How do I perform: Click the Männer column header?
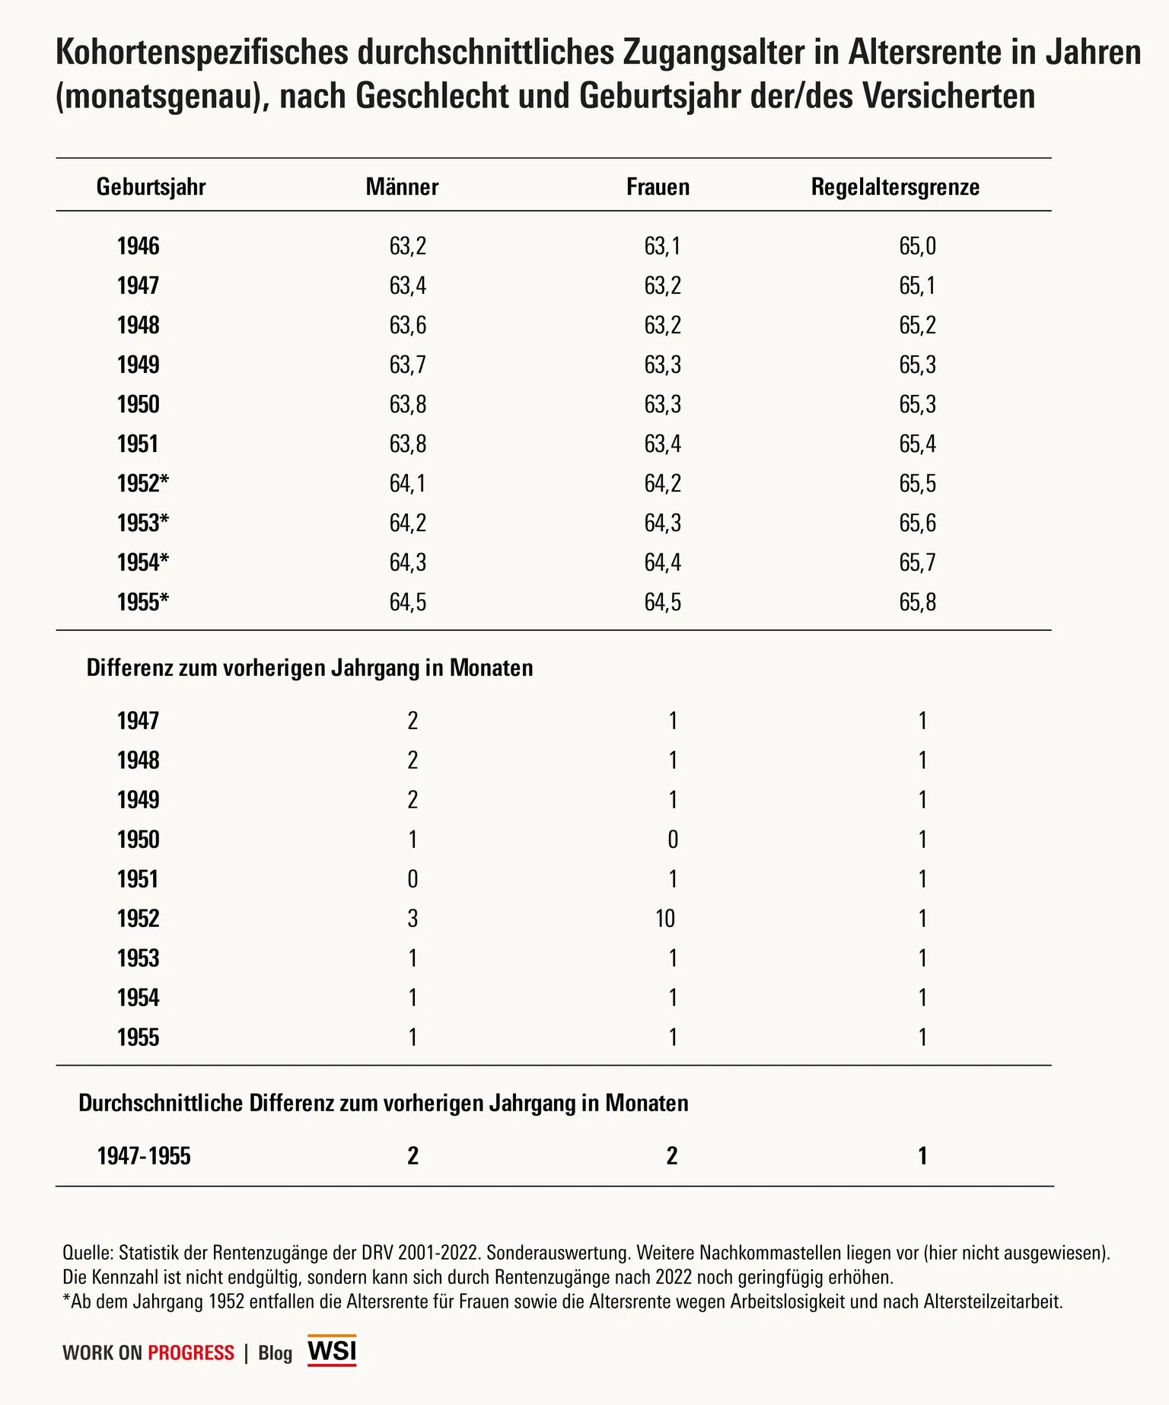click(402, 187)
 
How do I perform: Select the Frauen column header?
click(658, 187)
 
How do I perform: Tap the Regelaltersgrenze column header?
click(895, 187)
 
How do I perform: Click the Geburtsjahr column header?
click(151, 187)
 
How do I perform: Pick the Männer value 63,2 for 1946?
click(408, 247)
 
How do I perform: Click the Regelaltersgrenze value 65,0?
click(917, 247)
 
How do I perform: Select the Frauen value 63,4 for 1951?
click(662, 444)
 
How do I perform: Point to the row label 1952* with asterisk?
click(143, 483)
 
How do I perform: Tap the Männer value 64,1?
click(408, 483)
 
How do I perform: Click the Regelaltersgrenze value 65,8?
click(917, 602)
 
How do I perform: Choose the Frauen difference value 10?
click(665, 919)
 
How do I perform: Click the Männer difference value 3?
click(412, 919)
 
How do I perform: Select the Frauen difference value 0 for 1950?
click(672, 839)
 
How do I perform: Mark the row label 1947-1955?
click(144, 1156)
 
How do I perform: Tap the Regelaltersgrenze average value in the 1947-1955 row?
click(922, 1156)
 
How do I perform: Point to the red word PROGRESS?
click(191, 1352)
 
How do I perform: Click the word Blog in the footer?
click(276, 1352)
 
